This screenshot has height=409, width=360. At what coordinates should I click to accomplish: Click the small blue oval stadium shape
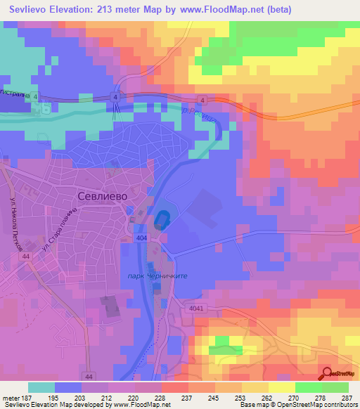point(162,219)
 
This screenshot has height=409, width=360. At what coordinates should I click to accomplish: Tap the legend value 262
point(268,397)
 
